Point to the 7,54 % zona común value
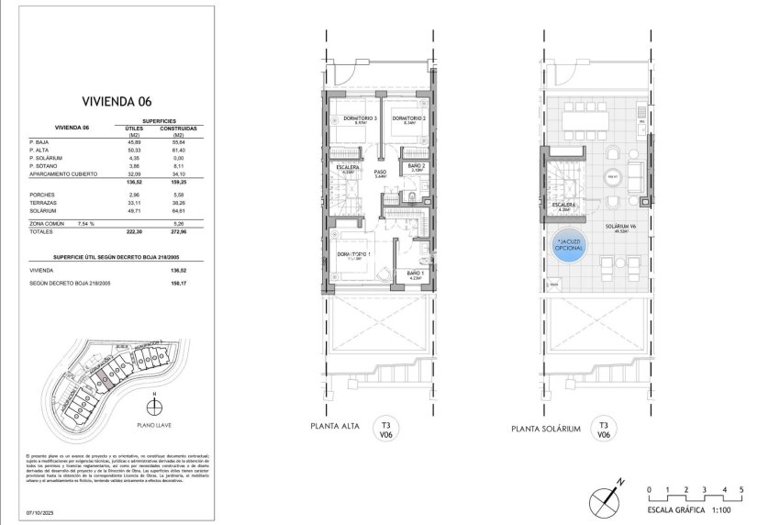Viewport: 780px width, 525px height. (88, 221)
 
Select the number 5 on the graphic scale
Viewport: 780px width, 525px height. (741, 488)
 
